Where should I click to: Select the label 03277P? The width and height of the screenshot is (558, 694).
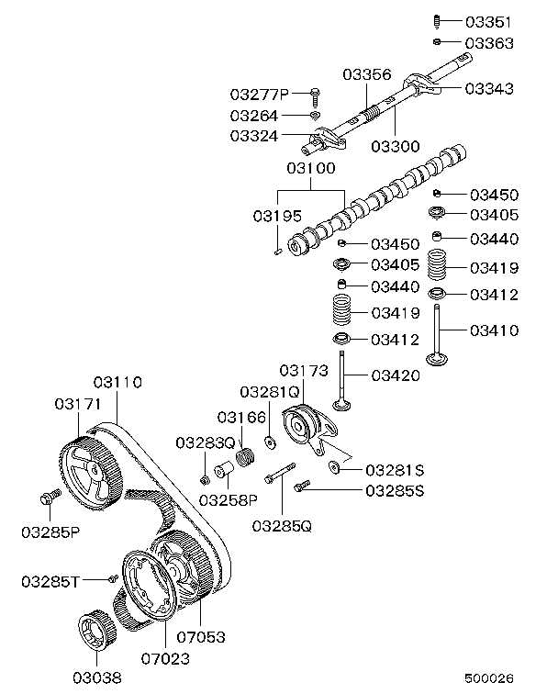tap(260, 94)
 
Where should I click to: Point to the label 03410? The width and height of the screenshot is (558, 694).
tap(495, 330)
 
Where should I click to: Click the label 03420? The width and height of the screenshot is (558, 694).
tap(396, 375)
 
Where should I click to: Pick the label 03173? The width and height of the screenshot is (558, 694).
tap(304, 370)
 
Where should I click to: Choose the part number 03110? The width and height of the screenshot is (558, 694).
tap(117, 382)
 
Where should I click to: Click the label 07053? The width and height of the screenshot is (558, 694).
tap(202, 635)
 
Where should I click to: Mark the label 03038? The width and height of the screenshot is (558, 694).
tap(96, 679)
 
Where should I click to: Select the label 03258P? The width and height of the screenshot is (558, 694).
tap(228, 499)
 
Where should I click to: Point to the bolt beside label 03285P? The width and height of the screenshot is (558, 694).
tap(50, 497)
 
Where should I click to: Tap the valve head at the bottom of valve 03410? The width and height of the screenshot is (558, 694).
tap(438, 356)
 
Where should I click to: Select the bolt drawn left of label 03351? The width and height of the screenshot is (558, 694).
tap(437, 20)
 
